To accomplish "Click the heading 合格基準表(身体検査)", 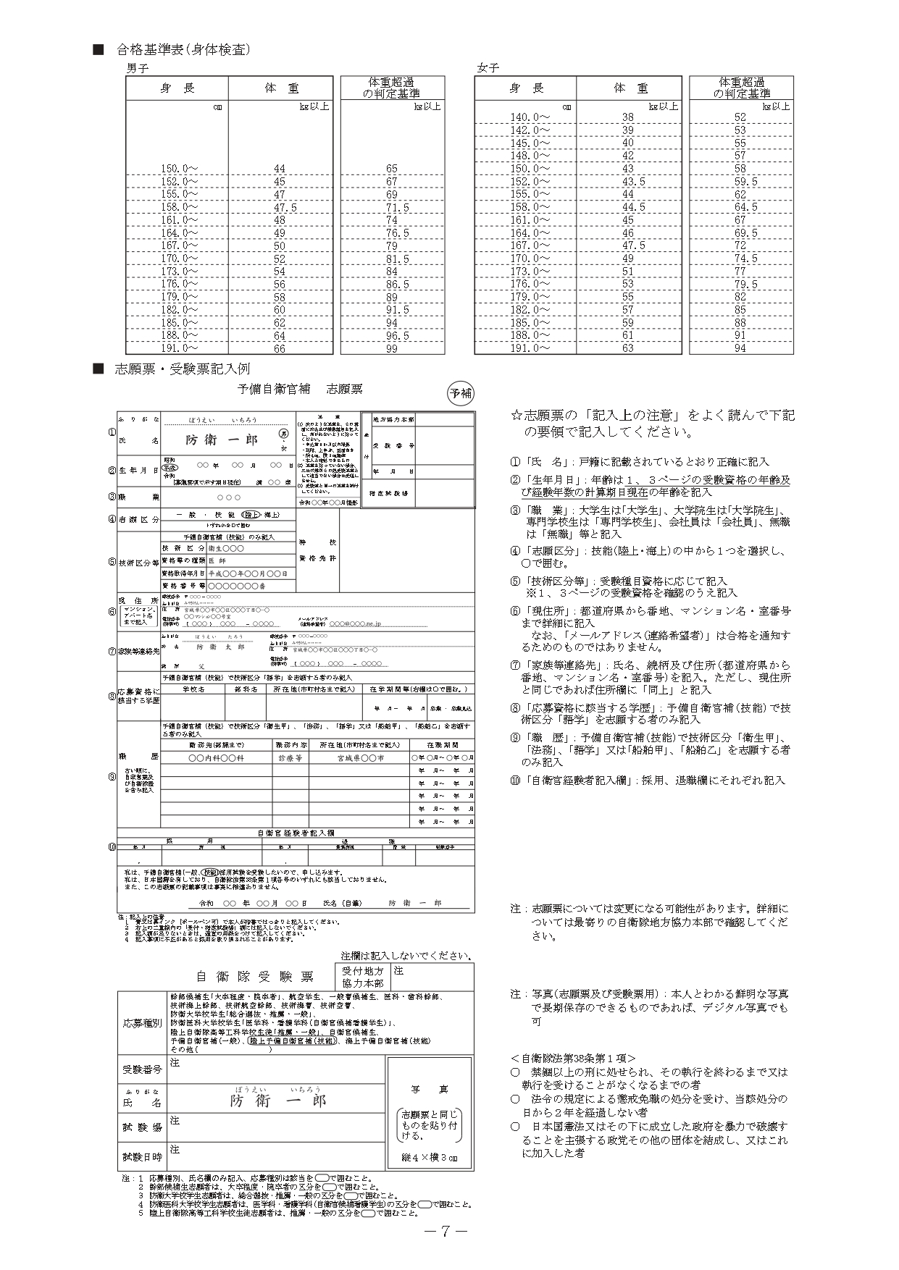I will pos(183,50).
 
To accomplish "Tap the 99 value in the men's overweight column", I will pos(392,349).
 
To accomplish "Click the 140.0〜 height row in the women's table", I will pos(530,117).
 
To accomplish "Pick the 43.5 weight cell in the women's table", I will pos(628,182).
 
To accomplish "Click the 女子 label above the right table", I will pos(488,68).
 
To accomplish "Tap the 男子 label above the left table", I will pos(138,68).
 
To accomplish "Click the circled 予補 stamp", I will pos(460,393).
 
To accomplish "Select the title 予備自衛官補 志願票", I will pos(301,390).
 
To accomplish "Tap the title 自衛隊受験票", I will pos(255,977).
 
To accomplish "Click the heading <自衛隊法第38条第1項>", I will pos(572,1058).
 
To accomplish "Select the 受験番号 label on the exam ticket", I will pos(142,1069).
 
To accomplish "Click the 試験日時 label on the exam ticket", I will pos(142,1157).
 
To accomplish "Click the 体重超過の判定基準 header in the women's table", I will pos(741,88).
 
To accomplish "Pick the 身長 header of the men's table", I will pos(177,88).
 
